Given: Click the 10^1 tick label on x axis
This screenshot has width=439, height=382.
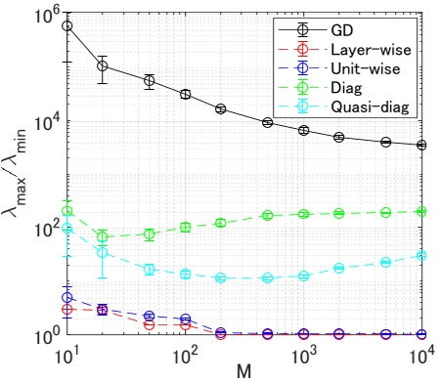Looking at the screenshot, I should [67, 353].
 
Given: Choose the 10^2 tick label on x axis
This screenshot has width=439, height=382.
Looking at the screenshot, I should [185, 353].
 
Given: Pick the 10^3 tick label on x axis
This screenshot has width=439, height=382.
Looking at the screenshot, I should [303, 353].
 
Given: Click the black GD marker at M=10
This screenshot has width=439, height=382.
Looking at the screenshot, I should [67, 25].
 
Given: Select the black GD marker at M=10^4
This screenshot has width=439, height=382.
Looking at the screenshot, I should [421, 145].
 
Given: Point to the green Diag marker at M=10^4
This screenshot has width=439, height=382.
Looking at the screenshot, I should [421, 211].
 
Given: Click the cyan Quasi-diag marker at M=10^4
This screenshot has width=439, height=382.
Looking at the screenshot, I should [421, 255].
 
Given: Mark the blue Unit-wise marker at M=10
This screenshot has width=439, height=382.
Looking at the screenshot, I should [67, 298].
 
